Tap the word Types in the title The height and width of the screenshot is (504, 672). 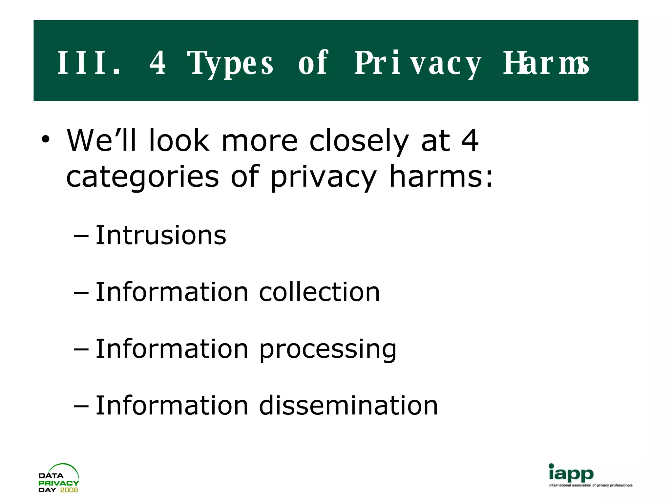tap(230, 63)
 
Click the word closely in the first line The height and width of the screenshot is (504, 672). tap(359, 141)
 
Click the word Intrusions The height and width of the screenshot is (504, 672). tap(161, 235)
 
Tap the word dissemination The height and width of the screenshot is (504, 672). tap(348, 406)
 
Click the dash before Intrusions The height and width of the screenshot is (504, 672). tap(81, 236)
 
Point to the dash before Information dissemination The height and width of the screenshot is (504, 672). tap(81, 406)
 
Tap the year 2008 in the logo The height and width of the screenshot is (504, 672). tap(69, 490)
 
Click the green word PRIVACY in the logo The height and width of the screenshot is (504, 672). tap(58, 483)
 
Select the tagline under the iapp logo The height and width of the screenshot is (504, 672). tap(591, 485)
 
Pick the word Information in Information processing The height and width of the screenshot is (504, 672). tap(172, 349)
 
